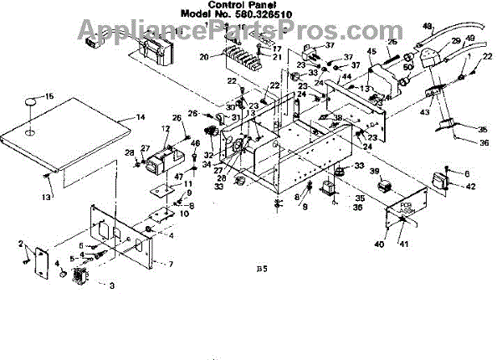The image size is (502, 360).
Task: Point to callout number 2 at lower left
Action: [19, 243]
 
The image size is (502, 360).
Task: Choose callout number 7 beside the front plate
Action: [172, 265]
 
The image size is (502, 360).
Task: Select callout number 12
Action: [166, 129]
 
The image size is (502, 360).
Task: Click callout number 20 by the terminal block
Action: [203, 57]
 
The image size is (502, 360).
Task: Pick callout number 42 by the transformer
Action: [471, 186]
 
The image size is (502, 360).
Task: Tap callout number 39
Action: [375, 172]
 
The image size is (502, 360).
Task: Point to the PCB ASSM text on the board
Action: [407, 206]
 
